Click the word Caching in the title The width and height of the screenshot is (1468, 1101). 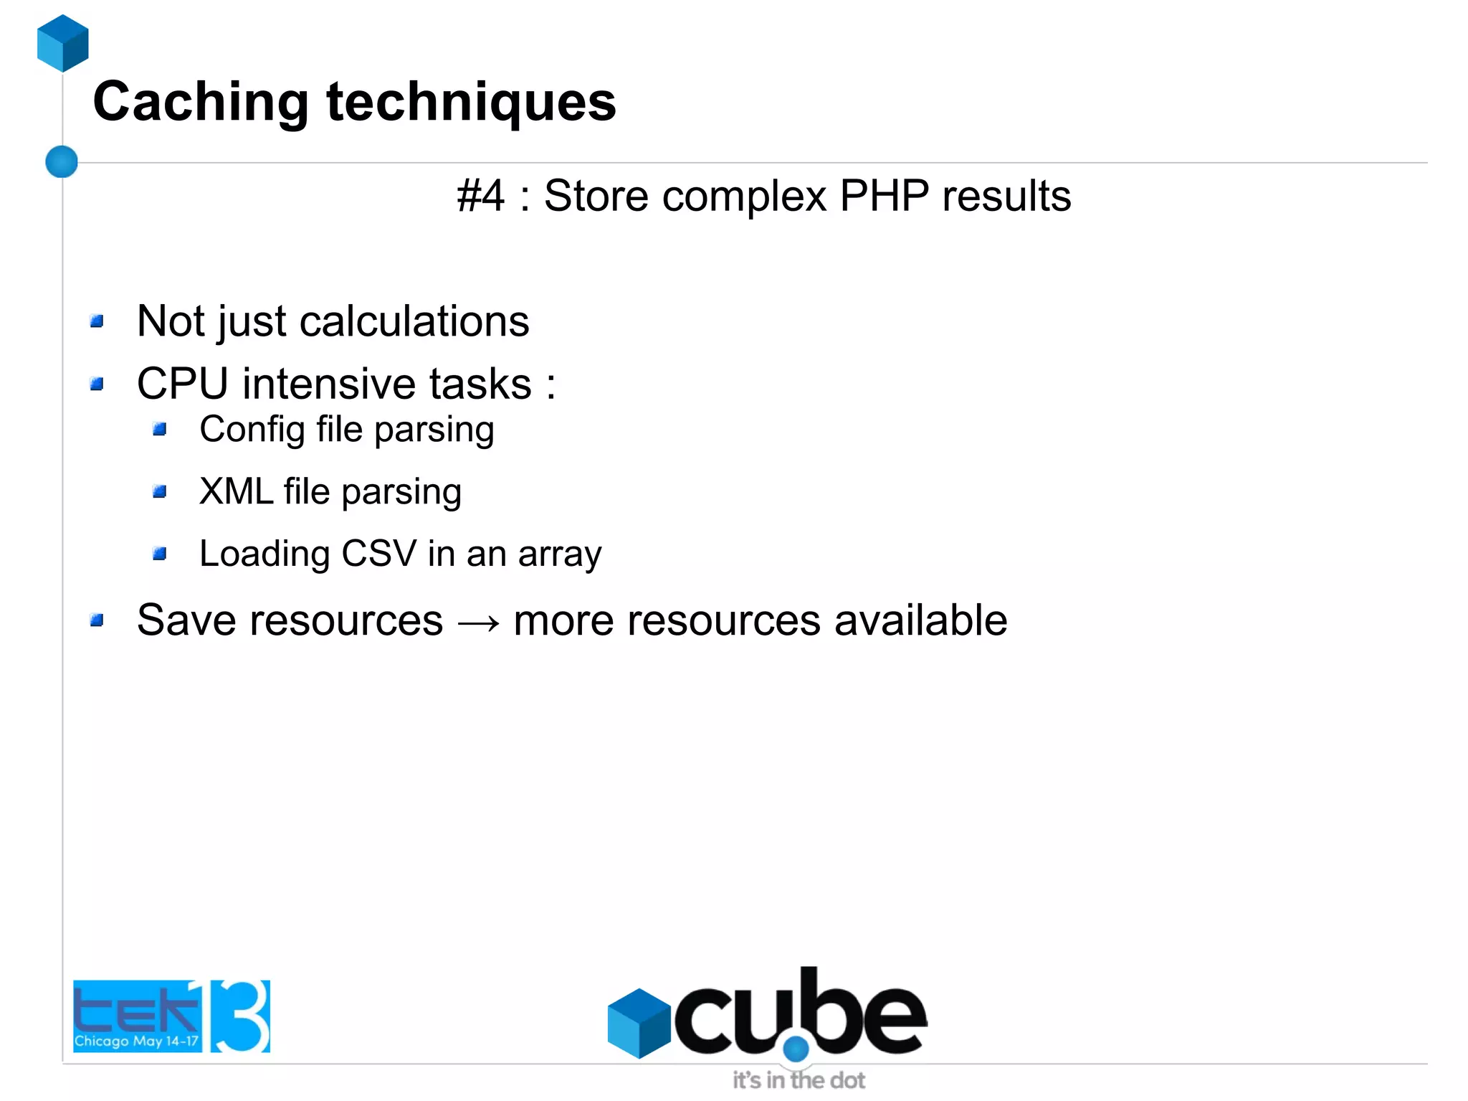[x=201, y=103]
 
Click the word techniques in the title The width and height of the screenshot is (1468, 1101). [x=471, y=103]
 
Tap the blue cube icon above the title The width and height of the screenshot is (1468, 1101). [x=63, y=43]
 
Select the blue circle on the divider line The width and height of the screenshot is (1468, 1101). [x=62, y=161]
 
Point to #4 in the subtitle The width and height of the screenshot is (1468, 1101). [x=481, y=196]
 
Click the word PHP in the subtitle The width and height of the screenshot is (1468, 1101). [x=884, y=196]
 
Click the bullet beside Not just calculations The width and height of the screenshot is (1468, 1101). [x=97, y=321]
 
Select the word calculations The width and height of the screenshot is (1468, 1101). [x=414, y=321]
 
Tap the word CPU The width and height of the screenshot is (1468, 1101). [x=183, y=384]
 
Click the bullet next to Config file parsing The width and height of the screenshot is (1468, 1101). [x=160, y=430]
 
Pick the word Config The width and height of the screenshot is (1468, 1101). [x=252, y=430]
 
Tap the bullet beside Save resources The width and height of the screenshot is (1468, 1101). [x=97, y=620]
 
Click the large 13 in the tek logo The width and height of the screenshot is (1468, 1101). [x=239, y=1016]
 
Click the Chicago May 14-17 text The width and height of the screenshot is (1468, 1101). [x=136, y=1041]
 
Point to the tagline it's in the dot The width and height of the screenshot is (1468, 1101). [x=799, y=1080]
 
